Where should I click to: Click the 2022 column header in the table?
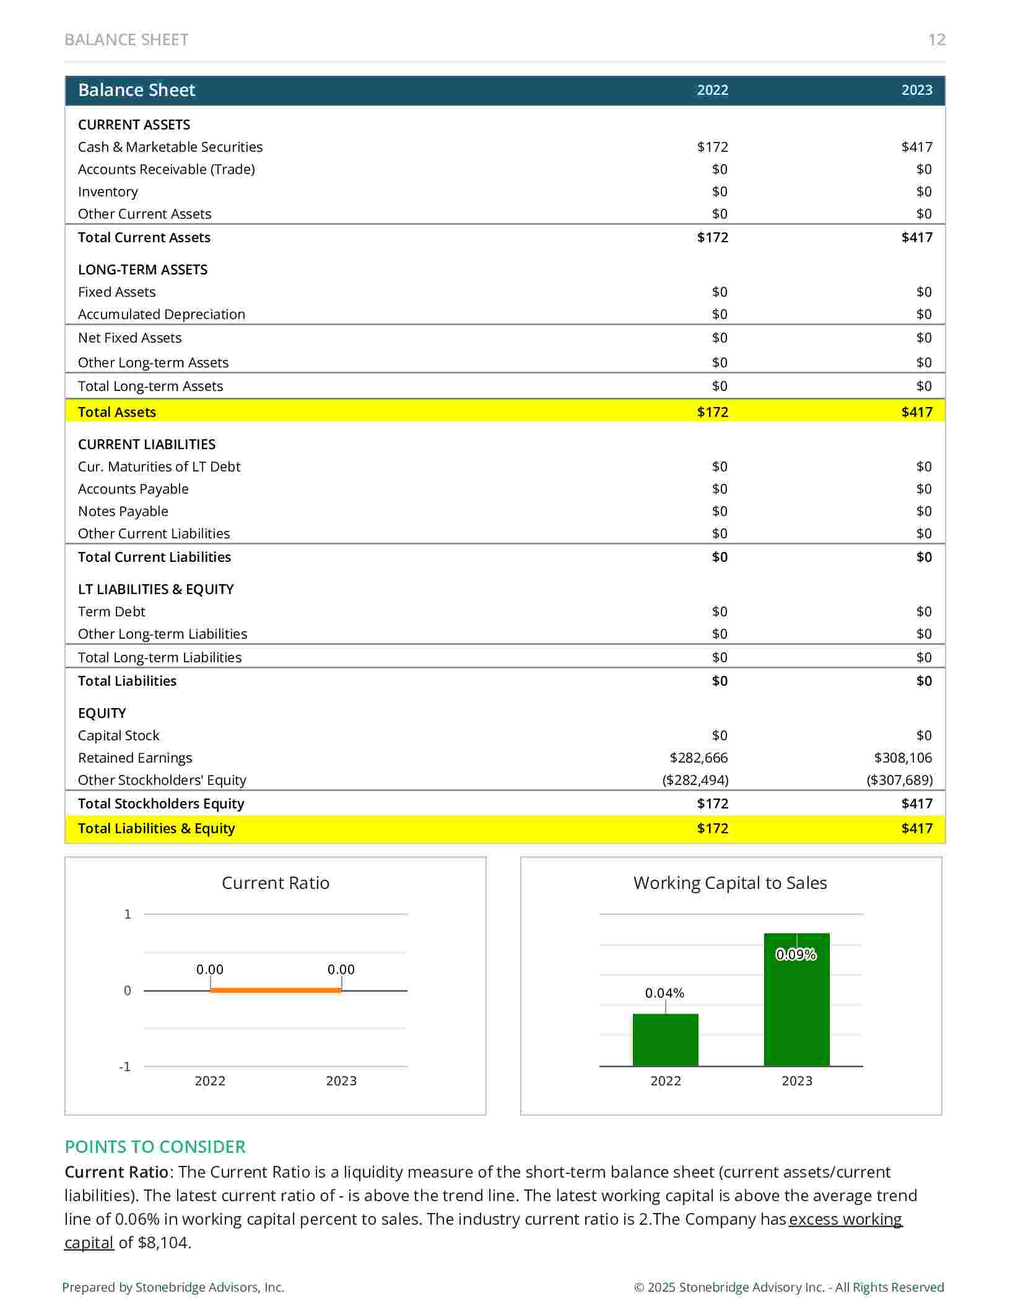(712, 90)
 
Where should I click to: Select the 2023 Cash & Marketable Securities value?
(916, 147)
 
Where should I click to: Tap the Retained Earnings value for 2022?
(699, 758)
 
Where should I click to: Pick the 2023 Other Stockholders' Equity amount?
(899, 780)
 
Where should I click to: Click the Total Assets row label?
(117, 412)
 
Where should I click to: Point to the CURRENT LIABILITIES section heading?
(147, 444)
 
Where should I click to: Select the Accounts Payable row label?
(133, 489)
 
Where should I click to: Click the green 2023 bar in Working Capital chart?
(796, 999)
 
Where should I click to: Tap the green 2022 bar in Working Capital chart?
(665, 1040)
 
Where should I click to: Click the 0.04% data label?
(664, 993)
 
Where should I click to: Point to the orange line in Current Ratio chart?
(276, 990)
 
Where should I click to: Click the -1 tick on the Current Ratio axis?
(125, 1066)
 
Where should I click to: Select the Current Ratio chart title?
(276, 883)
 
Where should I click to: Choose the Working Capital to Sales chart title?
(730, 883)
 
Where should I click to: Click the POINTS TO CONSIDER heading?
(155, 1147)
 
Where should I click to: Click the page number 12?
(936, 40)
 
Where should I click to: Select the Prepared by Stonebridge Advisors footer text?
(173, 1287)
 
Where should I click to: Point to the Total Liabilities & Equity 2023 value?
(916, 828)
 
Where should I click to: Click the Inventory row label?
(108, 192)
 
